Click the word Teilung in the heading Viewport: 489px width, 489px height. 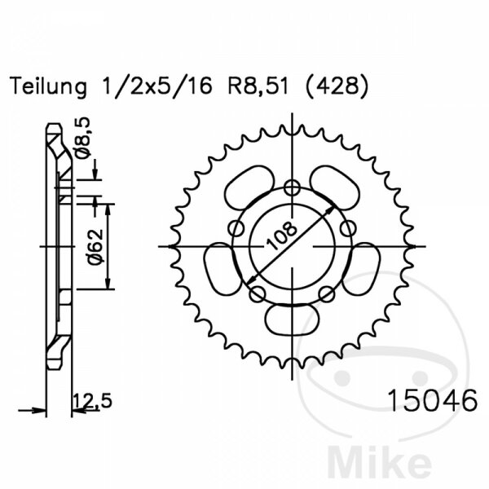click(x=48, y=87)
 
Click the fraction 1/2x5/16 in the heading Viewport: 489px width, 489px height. click(x=156, y=86)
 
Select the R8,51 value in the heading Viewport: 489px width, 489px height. click(x=258, y=86)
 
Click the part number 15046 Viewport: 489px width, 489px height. click(x=433, y=401)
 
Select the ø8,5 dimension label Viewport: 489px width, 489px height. click(x=82, y=137)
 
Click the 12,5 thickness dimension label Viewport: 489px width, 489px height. click(x=92, y=401)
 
